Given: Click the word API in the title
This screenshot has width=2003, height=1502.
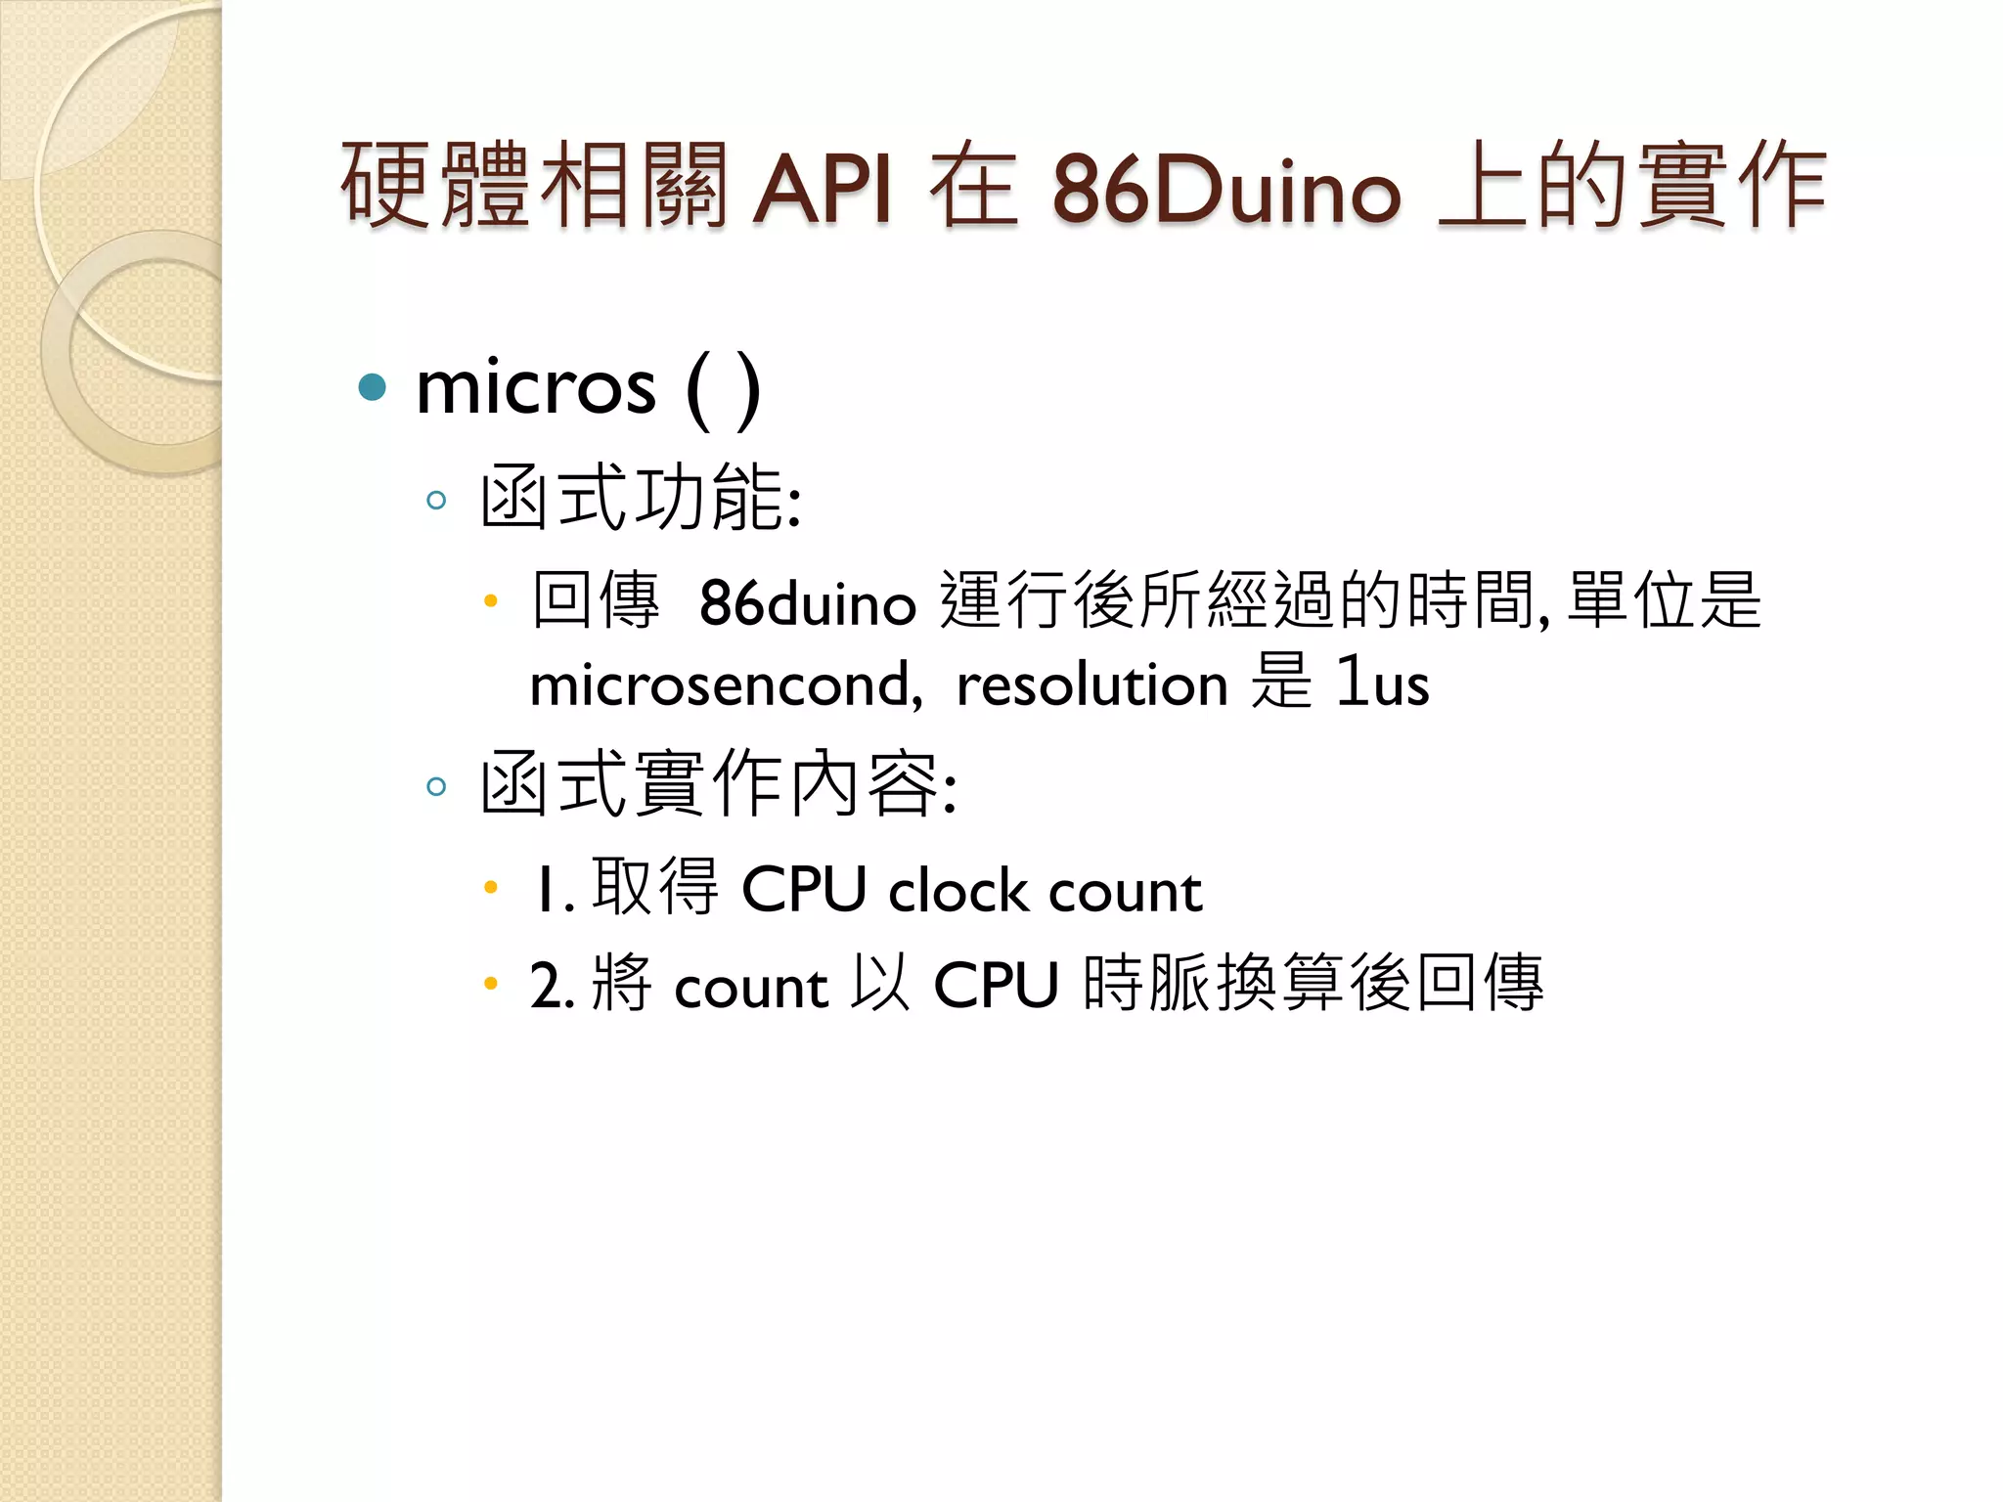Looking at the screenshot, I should (x=822, y=188).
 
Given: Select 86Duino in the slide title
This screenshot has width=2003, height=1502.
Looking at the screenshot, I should (x=1226, y=188).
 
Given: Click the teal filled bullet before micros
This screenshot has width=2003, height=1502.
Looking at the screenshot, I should (x=373, y=387).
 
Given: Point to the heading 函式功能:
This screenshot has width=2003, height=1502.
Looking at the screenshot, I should (x=641, y=498).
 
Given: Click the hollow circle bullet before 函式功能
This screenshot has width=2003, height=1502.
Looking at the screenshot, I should (x=436, y=501).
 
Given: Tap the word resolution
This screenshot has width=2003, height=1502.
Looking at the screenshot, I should (x=1091, y=684).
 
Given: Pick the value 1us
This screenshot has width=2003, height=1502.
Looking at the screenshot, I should (x=1382, y=682).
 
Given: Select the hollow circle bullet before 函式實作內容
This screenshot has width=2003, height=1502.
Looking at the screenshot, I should (x=436, y=786).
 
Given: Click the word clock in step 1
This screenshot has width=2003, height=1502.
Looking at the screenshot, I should (x=957, y=891).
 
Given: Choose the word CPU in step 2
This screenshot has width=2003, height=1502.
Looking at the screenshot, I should (x=996, y=985).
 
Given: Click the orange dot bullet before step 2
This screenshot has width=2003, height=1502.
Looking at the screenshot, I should (x=491, y=983).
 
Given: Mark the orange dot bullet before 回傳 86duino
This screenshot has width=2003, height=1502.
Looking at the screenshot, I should (x=491, y=599).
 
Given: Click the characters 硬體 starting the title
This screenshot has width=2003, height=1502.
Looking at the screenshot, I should (x=434, y=186).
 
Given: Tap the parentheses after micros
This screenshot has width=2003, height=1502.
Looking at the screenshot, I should (x=724, y=390).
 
